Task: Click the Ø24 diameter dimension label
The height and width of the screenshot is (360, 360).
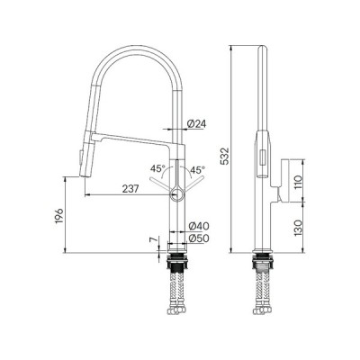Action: [x=197, y=123]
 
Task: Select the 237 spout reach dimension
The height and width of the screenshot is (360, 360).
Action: [x=130, y=188]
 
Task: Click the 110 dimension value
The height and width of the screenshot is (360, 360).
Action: [x=310, y=180]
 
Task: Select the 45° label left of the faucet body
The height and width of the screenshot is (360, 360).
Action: [x=156, y=167]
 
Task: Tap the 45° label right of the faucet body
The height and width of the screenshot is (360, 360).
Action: [x=197, y=167]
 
